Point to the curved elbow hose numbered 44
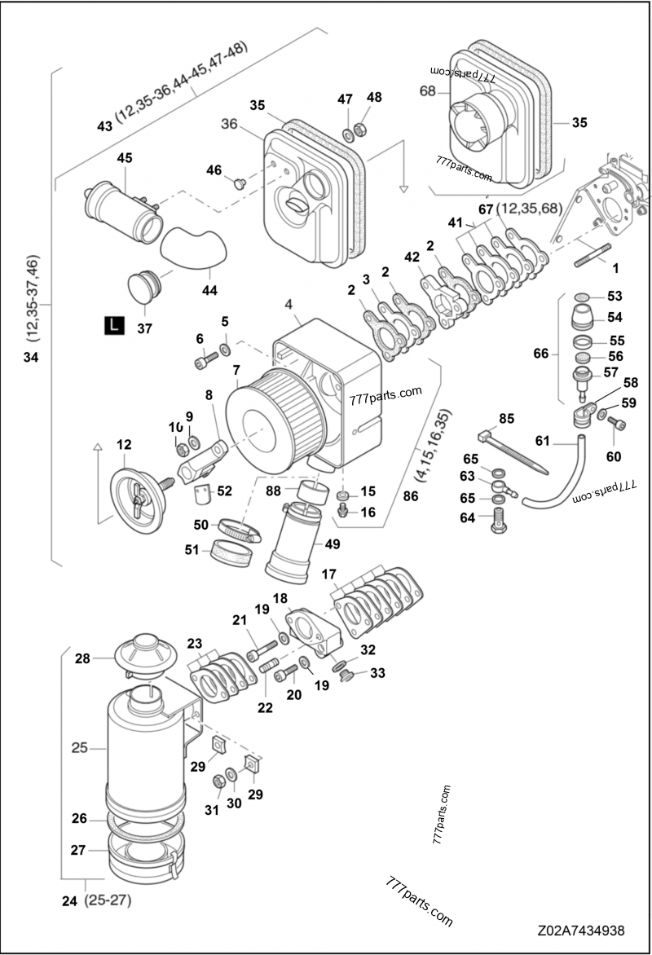tap(191, 247)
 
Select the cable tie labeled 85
tap(513, 449)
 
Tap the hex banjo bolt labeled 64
tap(496, 519)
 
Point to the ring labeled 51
tap(230, 554)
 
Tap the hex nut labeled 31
tap(219, 782)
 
